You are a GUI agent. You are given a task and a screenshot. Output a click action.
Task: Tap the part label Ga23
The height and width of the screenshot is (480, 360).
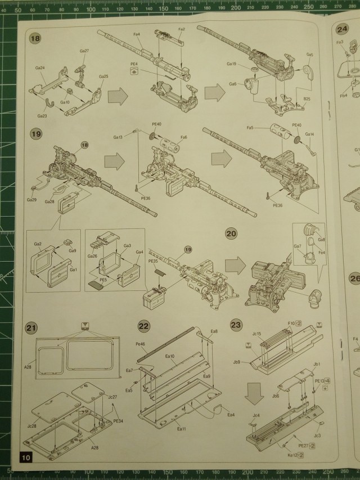tap(42, 116)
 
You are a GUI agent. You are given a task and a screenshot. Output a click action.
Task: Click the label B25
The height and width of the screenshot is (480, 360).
tap(307, 99)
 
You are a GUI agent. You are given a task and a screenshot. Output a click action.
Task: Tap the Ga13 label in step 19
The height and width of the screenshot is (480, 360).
tap(118, 137)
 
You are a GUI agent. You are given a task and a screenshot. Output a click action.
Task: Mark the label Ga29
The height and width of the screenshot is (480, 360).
tap(31, 200)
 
